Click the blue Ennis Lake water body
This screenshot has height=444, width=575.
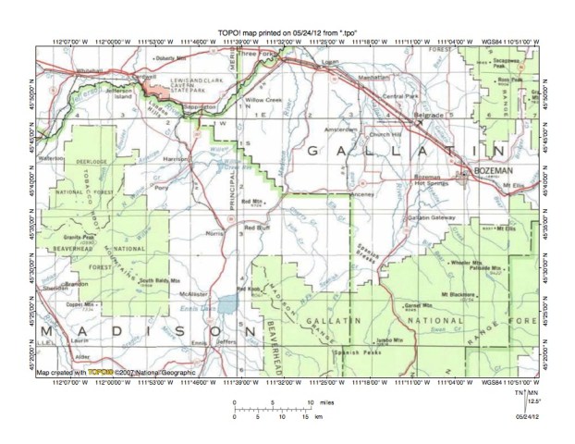click(x=226, y=303)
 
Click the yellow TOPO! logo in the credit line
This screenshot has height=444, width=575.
click(x=114, y=372)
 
